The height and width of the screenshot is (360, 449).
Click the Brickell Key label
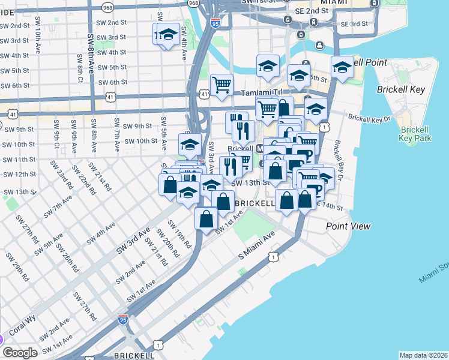click(x=401, y=89)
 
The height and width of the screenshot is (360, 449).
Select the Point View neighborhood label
click(x=348, y=226)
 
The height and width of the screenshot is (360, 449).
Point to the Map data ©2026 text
click(x=423, y=355)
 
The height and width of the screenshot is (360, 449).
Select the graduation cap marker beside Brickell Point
click(x=342, y=67)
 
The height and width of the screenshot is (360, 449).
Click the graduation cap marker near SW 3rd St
click(x=169, y=36)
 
